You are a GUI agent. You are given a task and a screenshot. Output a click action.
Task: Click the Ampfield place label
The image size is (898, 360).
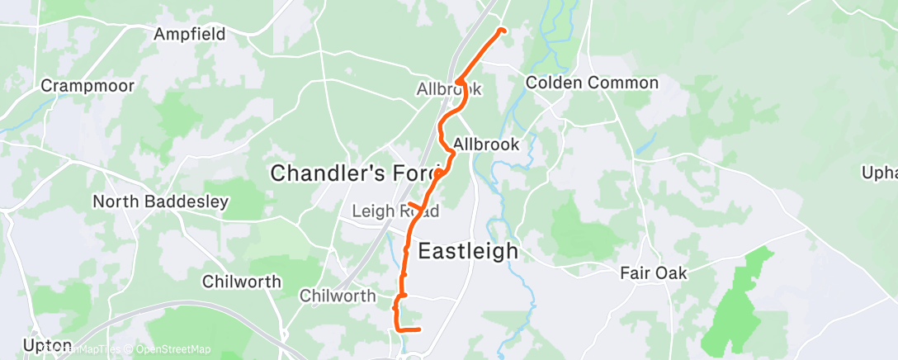189,34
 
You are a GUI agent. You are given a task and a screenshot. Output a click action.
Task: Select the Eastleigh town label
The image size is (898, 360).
468,251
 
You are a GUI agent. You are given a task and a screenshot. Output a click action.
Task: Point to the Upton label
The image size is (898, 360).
26,345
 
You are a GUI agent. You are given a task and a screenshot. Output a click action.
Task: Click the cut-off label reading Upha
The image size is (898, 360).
879,173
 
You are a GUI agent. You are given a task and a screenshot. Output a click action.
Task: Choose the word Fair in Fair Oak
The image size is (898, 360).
638,272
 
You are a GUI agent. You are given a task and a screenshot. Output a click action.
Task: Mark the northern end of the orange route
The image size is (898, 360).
501,31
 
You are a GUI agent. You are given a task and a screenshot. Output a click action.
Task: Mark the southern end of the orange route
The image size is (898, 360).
420,329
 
